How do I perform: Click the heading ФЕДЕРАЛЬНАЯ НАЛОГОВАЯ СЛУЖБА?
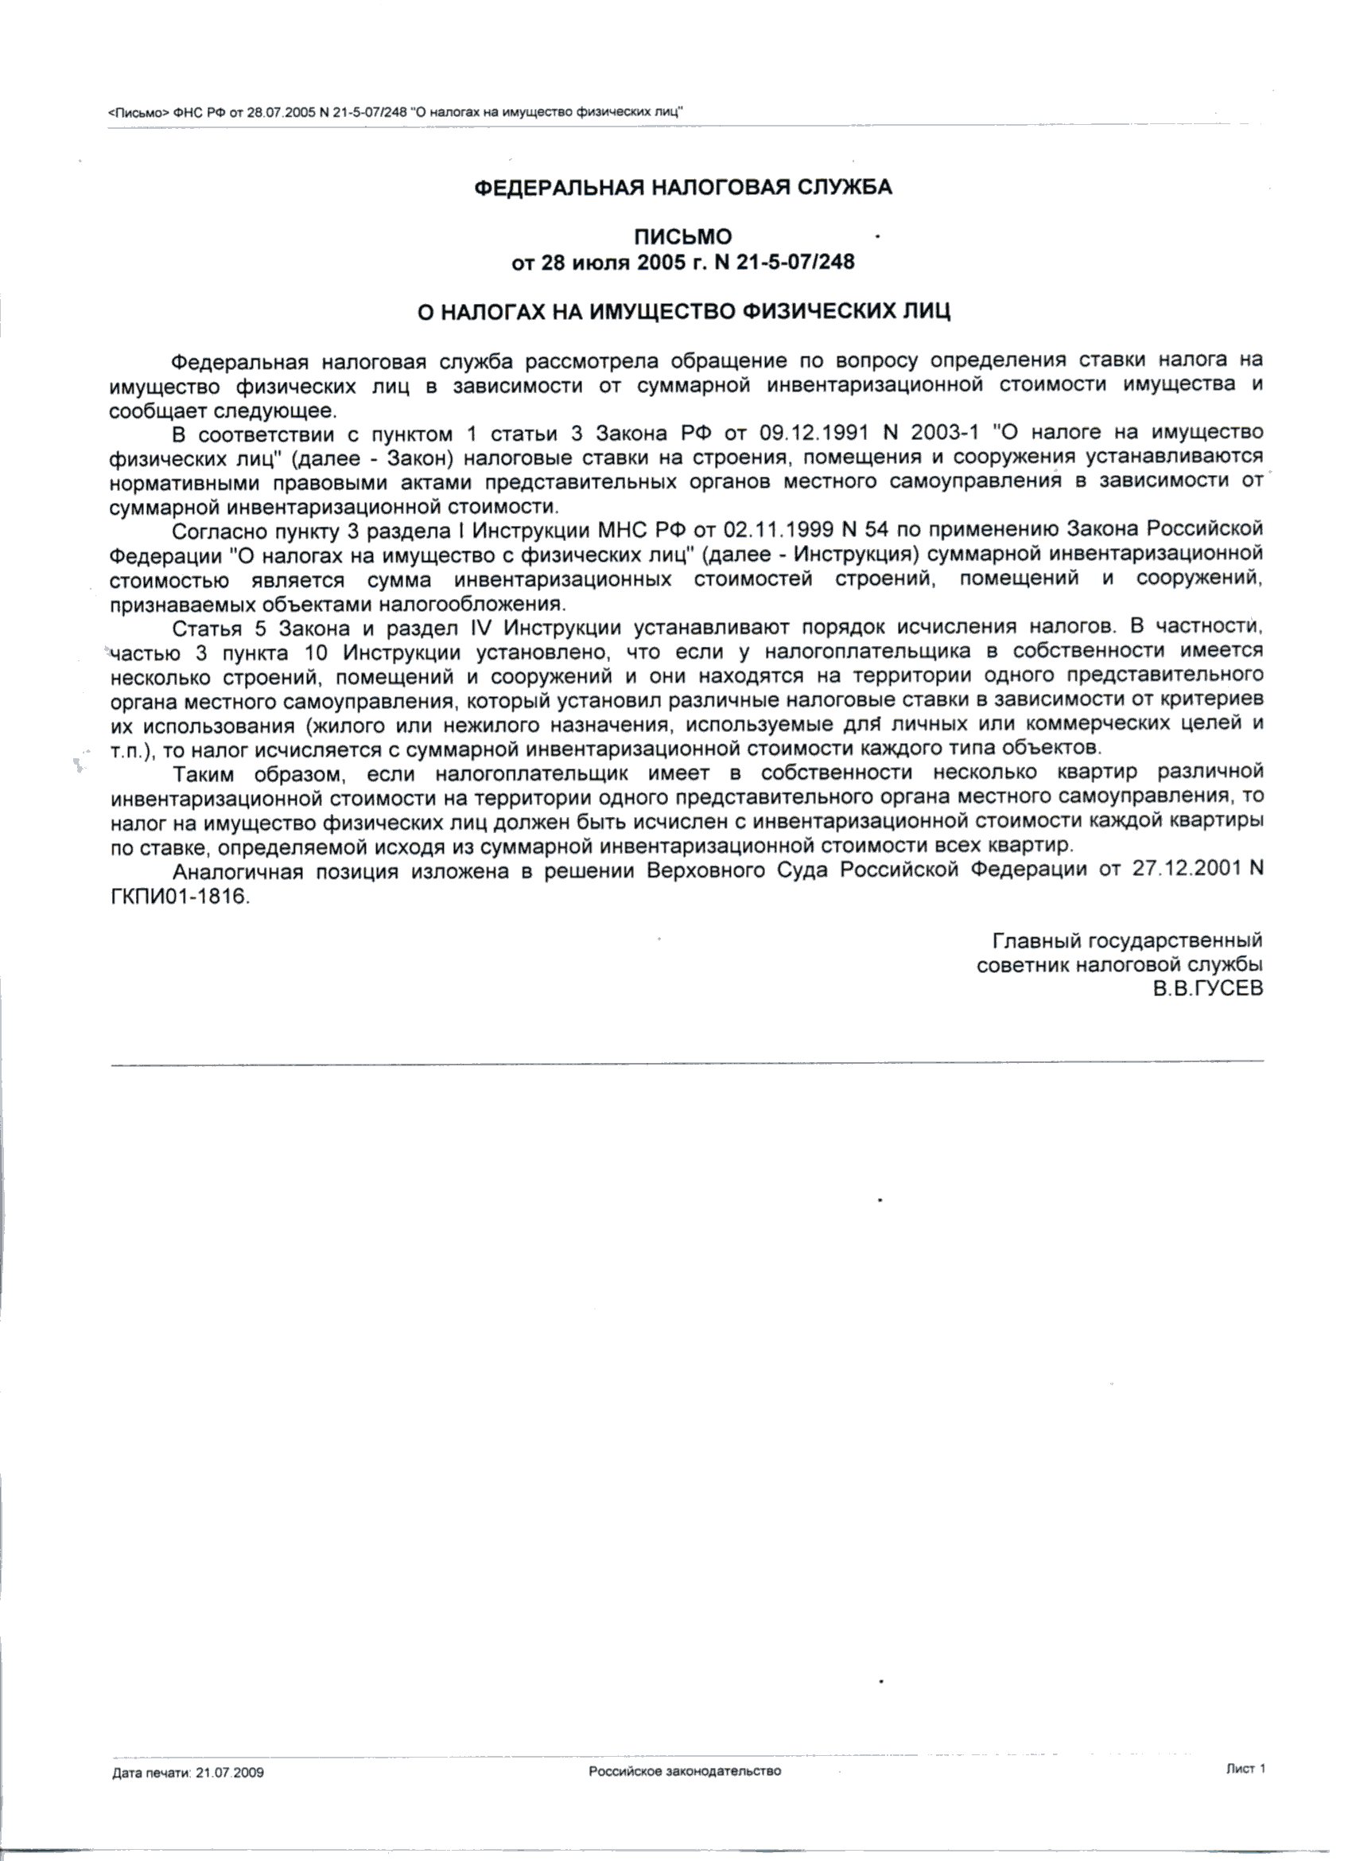point(683,188)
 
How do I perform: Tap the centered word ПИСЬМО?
point(682,237)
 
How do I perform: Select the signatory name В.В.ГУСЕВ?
point(1207,990)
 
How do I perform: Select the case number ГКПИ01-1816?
point(178,896)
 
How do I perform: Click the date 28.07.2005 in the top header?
point(282,112)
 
